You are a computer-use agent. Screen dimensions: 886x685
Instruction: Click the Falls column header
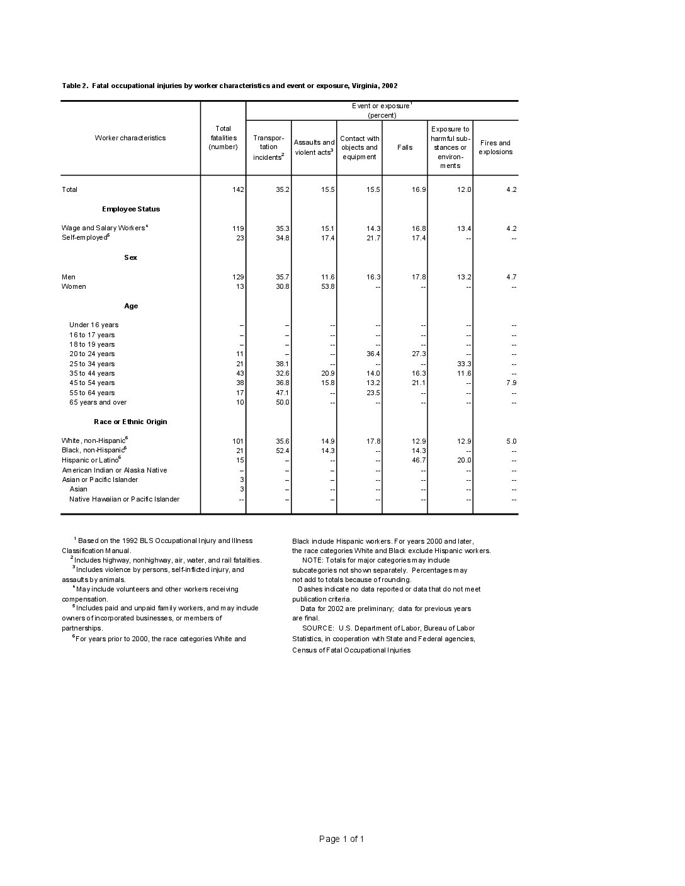[405, 147]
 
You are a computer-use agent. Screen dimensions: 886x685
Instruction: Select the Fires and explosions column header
[495, 147]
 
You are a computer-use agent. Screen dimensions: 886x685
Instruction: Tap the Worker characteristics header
[130, 138]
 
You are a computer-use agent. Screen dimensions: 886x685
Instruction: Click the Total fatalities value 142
[239, 189]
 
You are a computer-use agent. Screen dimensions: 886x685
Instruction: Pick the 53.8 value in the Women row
[327, 286]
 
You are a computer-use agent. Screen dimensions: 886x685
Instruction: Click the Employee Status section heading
[131, 209]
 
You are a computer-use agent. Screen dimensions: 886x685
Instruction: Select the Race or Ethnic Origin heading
[130, 422]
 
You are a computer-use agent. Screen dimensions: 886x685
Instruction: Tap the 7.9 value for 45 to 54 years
[511, 383]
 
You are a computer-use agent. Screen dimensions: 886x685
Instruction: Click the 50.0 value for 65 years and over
[283, 402]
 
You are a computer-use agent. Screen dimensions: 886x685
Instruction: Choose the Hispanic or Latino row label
[91, 460]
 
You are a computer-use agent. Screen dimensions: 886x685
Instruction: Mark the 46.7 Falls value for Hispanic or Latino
[419, 460]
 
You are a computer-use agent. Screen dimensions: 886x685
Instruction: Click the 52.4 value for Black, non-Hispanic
[283, 451]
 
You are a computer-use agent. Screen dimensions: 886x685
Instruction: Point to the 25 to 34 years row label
[92, 364]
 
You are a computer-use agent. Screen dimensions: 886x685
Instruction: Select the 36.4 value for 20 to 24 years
[373, 354]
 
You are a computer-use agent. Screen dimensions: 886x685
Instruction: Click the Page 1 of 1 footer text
[342, 839]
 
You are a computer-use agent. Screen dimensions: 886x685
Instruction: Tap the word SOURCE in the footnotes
[318, 628]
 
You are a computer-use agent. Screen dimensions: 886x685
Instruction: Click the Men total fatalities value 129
[239, 277]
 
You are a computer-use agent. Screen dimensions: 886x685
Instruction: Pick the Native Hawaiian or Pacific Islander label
[124, 499]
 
